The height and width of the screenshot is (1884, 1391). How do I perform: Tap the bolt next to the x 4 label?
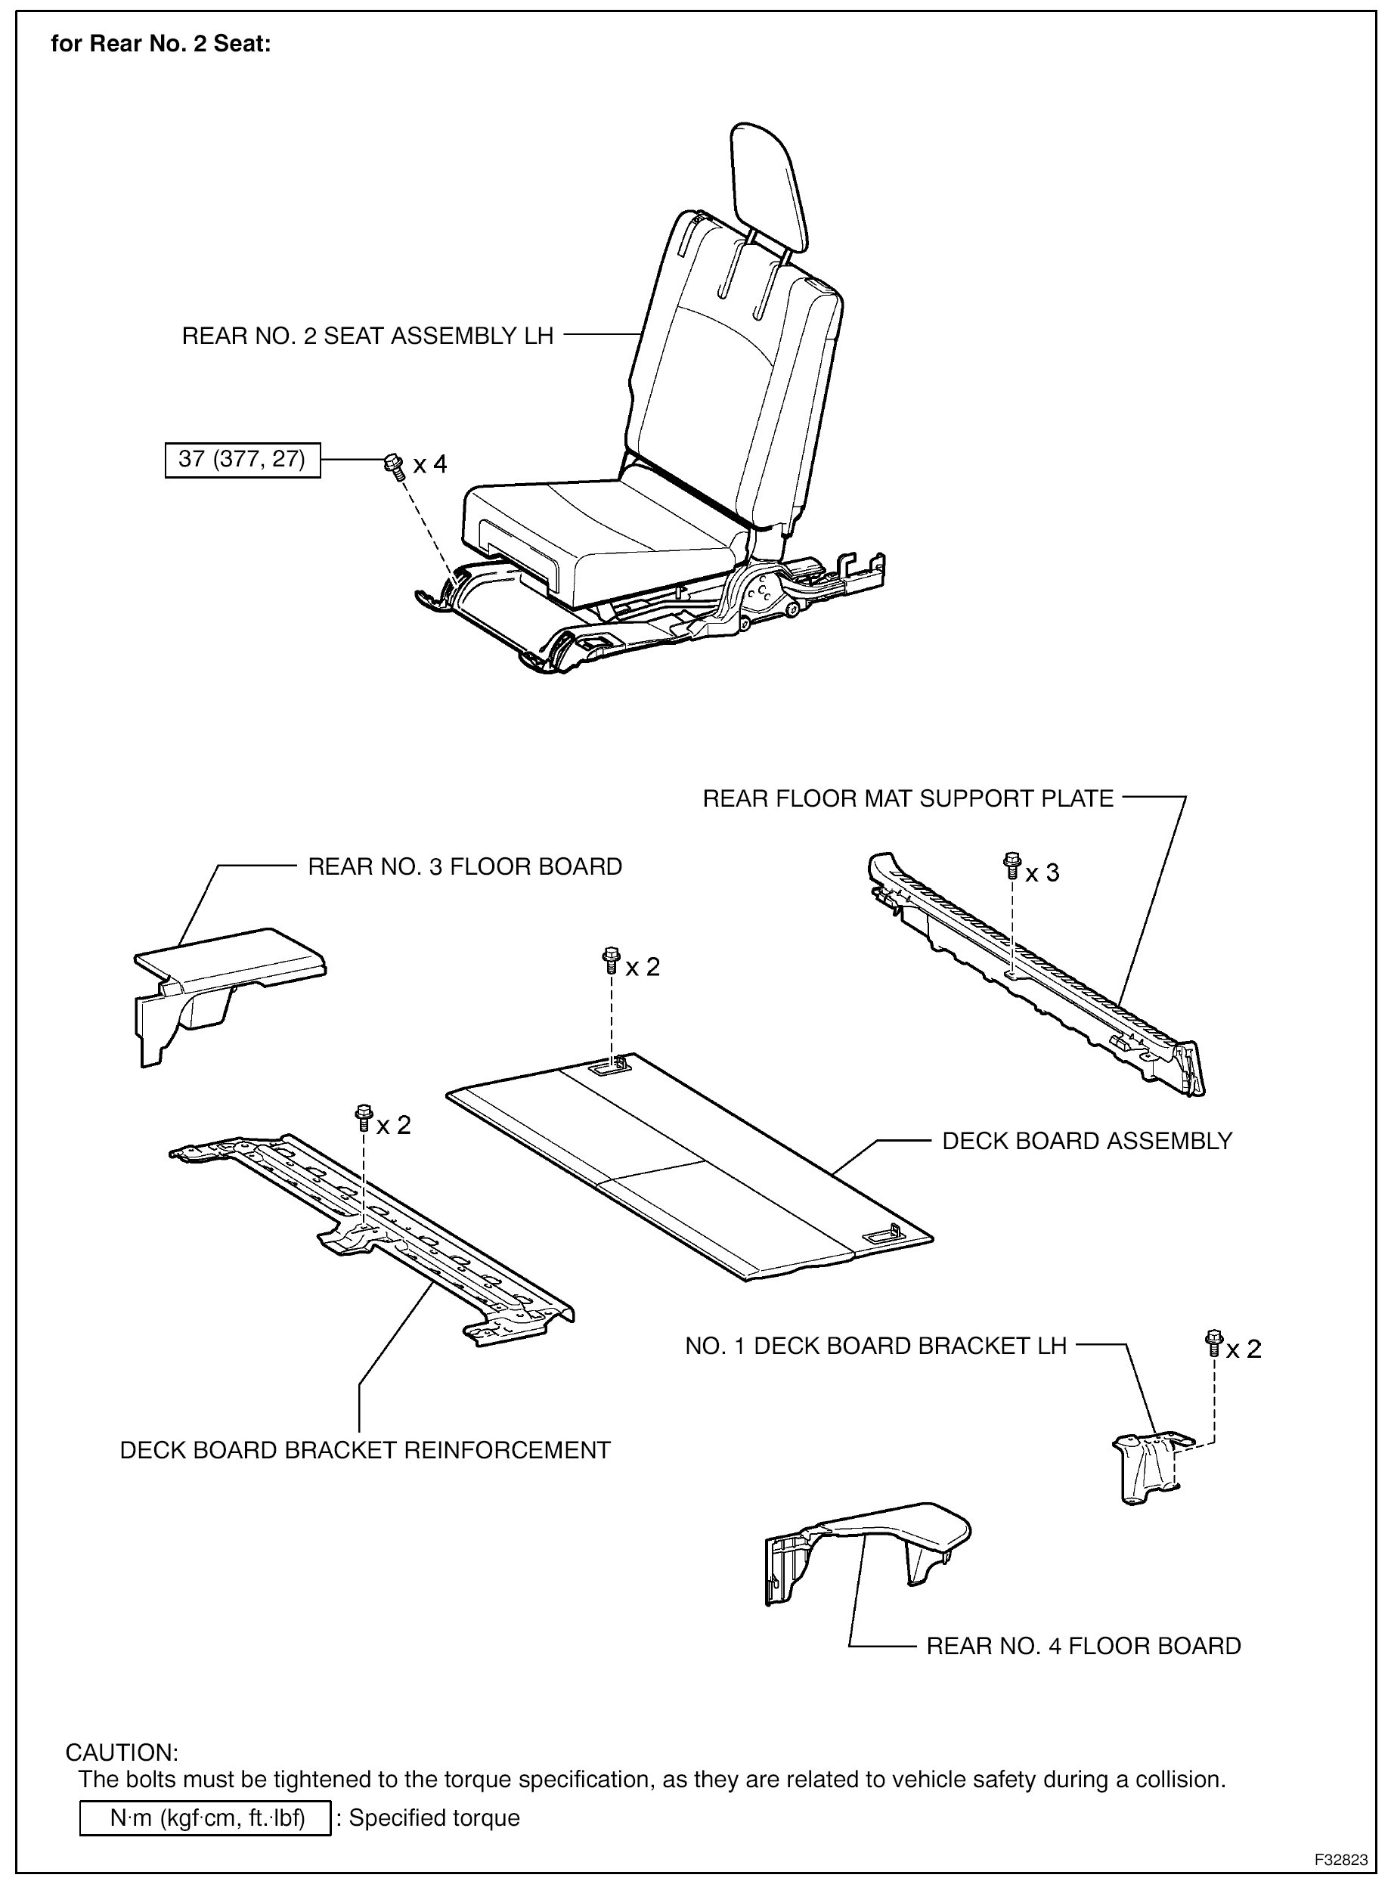tap(392, 465)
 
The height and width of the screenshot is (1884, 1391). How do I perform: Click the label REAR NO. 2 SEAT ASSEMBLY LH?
tap(367, 336)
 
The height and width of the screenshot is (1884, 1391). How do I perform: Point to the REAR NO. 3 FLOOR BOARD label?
tap(464, 866)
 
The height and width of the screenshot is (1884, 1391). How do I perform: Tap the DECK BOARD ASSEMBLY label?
tap(1086, 1141)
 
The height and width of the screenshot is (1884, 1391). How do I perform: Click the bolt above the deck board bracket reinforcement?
tap(364, 1117)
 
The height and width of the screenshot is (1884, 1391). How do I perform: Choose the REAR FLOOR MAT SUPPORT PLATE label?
tap(908, 798)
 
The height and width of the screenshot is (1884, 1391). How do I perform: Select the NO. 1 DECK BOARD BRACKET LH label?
tap(875, 1345)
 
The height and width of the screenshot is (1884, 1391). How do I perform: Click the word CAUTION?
tap(122, 1752)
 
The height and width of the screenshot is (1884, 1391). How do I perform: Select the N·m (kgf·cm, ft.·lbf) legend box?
tap(206, 1817)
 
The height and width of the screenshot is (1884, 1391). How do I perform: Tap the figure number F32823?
tap(1342, 1860)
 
